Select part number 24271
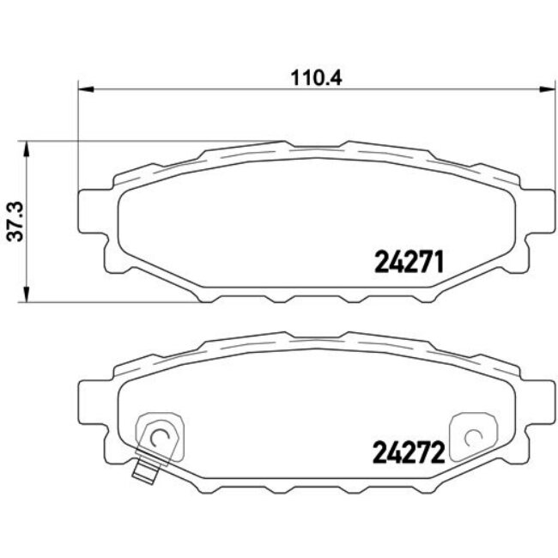pyautogui.click(x=409, y=261)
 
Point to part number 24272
pyautogui.click(x=409, y=451)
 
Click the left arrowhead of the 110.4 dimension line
pyautogui.click(x=84, y=88)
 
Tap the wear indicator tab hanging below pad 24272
pyautogui.click(x=144, y=470)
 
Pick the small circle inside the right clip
pyautogui.click(x=470, y=437)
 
